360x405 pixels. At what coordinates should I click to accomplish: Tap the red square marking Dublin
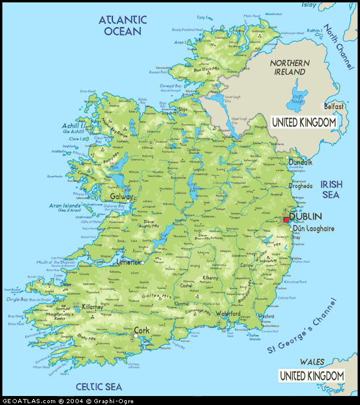[286, 220]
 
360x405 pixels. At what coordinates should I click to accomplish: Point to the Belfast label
[334, 106]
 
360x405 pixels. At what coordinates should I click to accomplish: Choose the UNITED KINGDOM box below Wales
[312, 376]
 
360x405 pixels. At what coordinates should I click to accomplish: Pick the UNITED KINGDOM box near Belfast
[304, 122]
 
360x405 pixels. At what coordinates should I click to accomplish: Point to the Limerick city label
[128, 262]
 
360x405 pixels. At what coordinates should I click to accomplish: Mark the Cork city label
[142, 331]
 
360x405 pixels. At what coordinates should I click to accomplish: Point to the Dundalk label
[300, 162]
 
